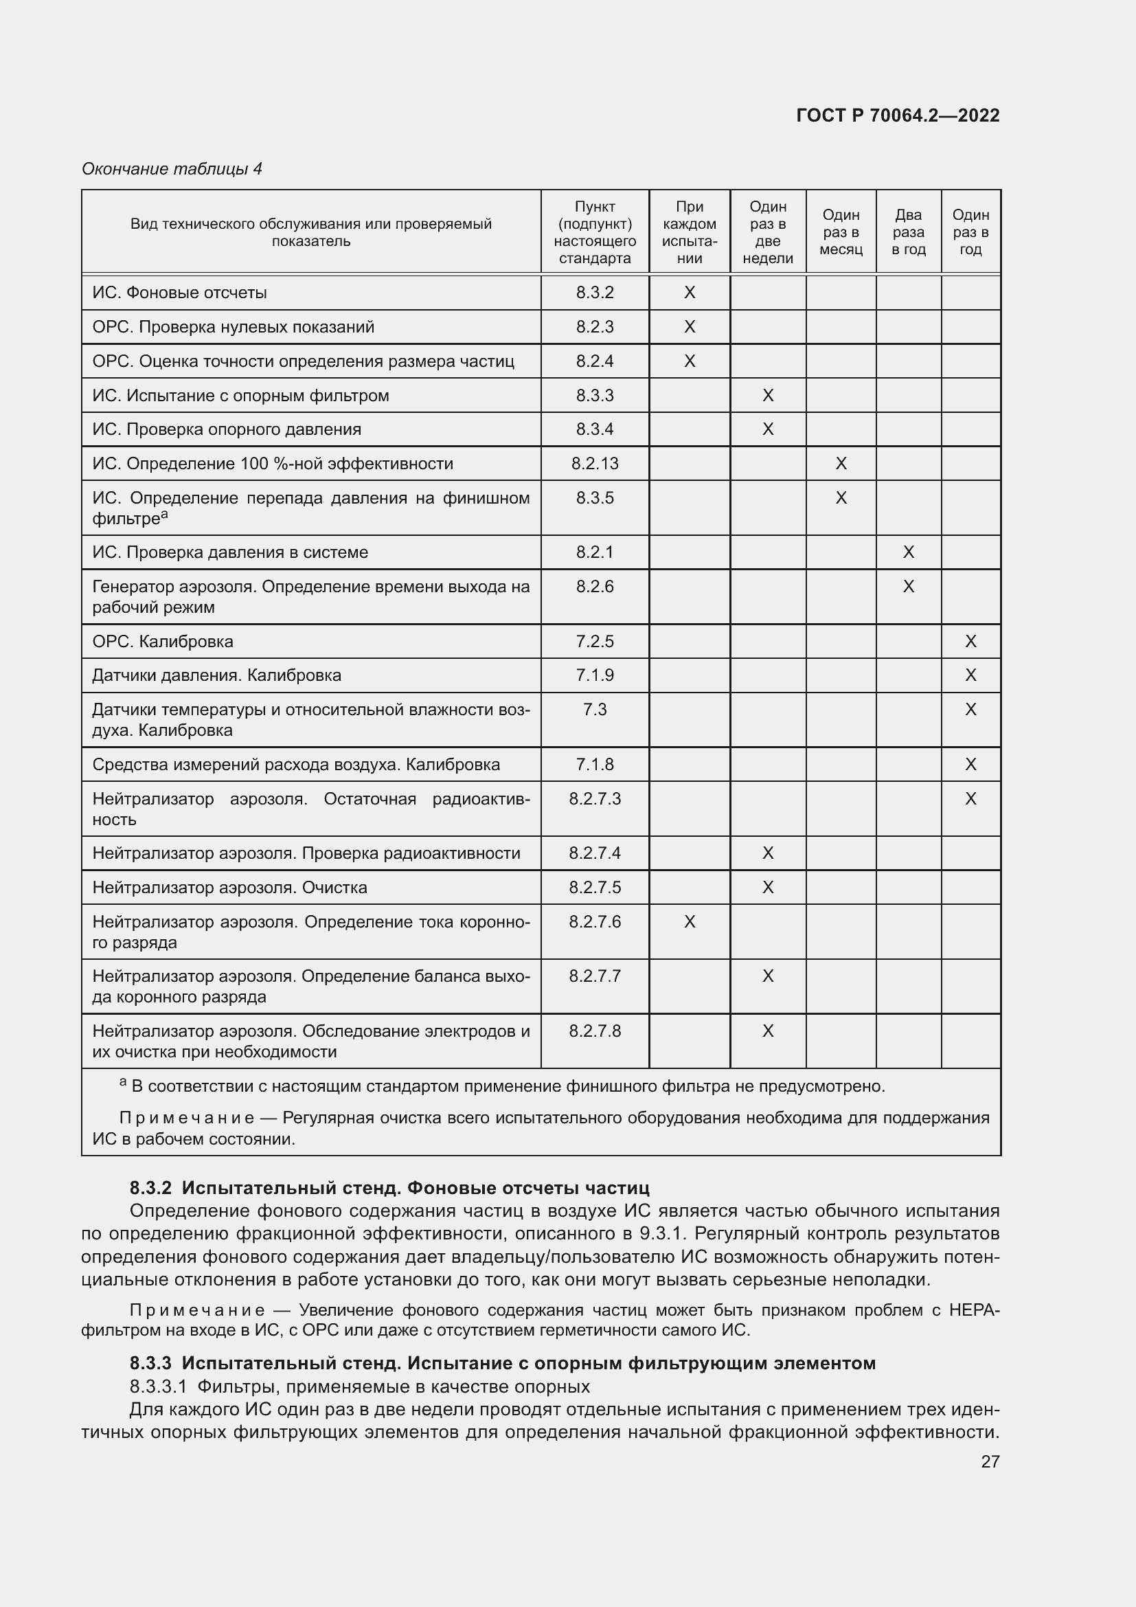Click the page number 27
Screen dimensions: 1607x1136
click(x=990, y=1461)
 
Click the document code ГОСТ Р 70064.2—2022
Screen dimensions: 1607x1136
click(x=898, y=115)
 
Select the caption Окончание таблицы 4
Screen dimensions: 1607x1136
click(x=172, y=169)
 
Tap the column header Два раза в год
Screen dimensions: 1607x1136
click(x=908, y=232)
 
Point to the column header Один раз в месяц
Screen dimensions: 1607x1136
click(x=841, y=232)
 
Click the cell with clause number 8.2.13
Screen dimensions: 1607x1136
click(x=595, y=463)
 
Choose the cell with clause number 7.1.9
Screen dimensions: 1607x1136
click(x=595, y=675)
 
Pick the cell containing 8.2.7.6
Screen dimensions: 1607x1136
click(x=595, y=922)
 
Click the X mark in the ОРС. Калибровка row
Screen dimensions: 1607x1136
click(x=970, y=641)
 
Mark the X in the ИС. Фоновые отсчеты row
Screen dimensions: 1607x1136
click(x=690, y=293)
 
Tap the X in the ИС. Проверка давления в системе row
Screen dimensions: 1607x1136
click(x=908, y=552)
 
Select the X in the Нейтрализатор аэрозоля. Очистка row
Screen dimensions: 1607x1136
click(x=767, y=888)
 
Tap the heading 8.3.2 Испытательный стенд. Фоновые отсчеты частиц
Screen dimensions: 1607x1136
click(x=389, y=1188)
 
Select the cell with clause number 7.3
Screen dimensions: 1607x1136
click(x=595, y=710)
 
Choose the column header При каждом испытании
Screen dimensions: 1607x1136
click(x=690, y=232)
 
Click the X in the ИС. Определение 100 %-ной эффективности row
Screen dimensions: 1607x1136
click(x=841, y=463)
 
